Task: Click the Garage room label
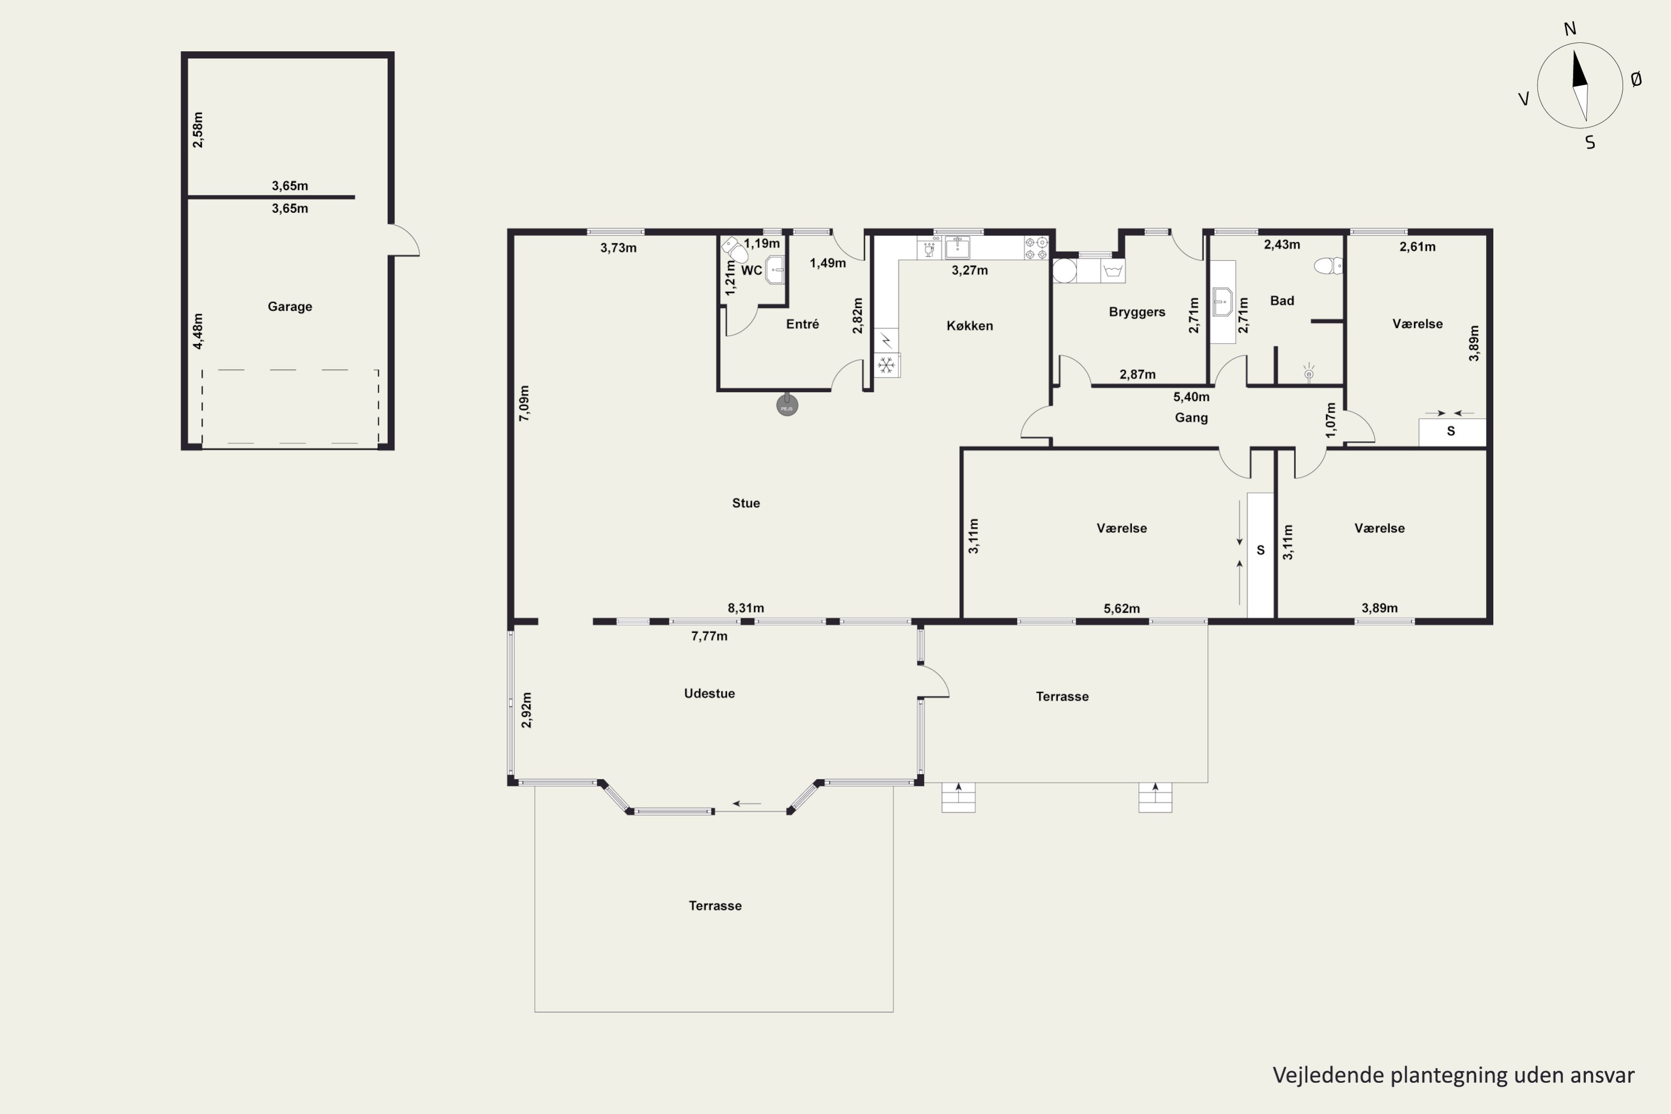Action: (x=290, y=306)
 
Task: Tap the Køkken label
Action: (x=970, y=325)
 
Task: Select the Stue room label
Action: (x=746, y=503)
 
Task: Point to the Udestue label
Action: (x=709, y=693)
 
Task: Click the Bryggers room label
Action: (x=1137, y=312)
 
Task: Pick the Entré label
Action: (x=803, y=324)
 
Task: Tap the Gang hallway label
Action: (x=1191, y=418)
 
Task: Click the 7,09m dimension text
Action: (x=524, y=403)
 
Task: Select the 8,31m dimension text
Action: (x=746, y=608)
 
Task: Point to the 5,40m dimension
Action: (x=1191, y=397)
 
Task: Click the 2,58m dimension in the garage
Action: (x=198, y=130)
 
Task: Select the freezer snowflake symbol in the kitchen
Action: (x=886, y=365)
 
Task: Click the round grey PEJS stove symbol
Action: (x=786, y=405)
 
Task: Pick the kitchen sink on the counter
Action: (x=957, y=248)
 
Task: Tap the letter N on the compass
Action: (x=1570, y=28)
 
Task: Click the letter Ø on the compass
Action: (x=1636, y=80)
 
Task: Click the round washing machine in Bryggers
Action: (x=1064, y=271)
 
